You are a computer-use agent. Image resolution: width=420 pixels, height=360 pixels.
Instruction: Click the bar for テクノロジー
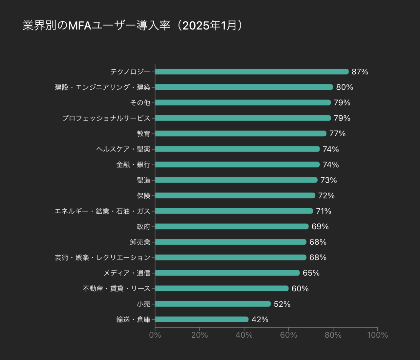tap(252, 72)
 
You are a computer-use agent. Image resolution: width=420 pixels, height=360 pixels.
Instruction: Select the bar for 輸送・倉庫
tap(202, 319)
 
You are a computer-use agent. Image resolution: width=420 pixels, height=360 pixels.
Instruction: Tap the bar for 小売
tap(213, 304)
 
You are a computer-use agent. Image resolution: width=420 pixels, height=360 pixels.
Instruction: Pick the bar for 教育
tap(241, 133)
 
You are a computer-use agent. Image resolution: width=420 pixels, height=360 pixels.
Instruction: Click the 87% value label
tap(360, 72)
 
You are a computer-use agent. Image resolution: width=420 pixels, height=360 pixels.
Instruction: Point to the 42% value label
tap(260, 320)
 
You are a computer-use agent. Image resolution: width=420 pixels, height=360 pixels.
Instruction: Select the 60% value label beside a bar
tap(300, 289)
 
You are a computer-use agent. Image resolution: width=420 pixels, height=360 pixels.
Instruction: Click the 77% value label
tap(337, 134)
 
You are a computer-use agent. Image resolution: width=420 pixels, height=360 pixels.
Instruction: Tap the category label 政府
tap(143, 227)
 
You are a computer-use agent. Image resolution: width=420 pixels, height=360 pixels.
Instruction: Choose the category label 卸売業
tap(140, 242)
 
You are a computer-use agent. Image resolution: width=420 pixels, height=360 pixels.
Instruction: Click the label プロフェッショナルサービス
tap(106, 118)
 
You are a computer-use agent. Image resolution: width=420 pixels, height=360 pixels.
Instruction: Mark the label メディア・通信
tap(127, 273)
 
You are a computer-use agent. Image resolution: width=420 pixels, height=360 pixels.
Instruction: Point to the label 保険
tap(143, 196)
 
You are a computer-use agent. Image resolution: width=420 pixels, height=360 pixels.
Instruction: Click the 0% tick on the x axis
tap(155, 335)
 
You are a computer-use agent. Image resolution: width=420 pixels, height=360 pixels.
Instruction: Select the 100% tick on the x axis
tap(377, 335)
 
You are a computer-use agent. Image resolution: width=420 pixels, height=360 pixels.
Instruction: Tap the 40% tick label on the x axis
tap(244, 335)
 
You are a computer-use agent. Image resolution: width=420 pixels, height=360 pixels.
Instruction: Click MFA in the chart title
tap(80, 26)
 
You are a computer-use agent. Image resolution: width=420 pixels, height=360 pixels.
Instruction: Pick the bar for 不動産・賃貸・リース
tap(222, 288)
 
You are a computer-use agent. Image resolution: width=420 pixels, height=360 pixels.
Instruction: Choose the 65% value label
tap(311, 273)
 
